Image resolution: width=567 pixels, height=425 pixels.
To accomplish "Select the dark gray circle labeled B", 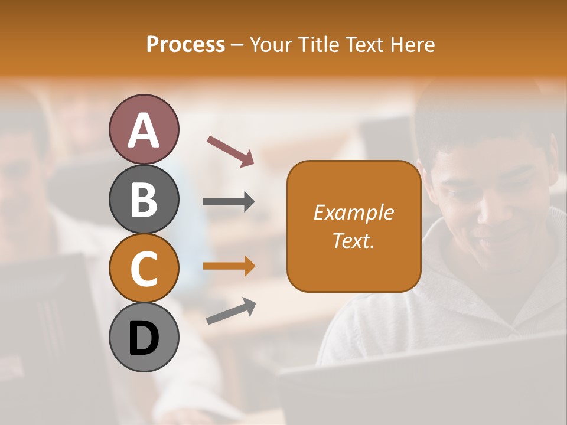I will (x=144, y=199).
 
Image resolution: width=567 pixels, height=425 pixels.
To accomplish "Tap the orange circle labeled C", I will (x=144, y=268).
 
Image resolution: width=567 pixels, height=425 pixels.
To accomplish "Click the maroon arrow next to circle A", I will (x=230, y=151).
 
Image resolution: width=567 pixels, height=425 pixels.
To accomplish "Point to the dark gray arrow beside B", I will (x=229, y=202).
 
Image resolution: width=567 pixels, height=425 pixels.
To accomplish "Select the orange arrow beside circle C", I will (x=229, y=266).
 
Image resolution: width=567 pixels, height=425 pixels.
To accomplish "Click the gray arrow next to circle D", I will (x=231, y=311).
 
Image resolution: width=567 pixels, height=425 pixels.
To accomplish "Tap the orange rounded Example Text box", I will (x=354, y=226).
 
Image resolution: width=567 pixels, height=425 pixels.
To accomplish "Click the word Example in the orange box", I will (x=354, y=212).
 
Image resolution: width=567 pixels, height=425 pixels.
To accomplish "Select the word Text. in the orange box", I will (x=354, y=241).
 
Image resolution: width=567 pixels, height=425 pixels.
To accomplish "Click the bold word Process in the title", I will (x=185, y=45).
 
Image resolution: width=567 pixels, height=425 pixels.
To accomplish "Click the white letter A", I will (x=144, y=131).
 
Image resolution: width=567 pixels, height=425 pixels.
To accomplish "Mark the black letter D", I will (x=144, y=338).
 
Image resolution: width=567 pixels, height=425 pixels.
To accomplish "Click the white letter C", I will (x=144, y=269).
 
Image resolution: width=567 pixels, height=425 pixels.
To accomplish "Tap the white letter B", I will (x=144, y=200).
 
